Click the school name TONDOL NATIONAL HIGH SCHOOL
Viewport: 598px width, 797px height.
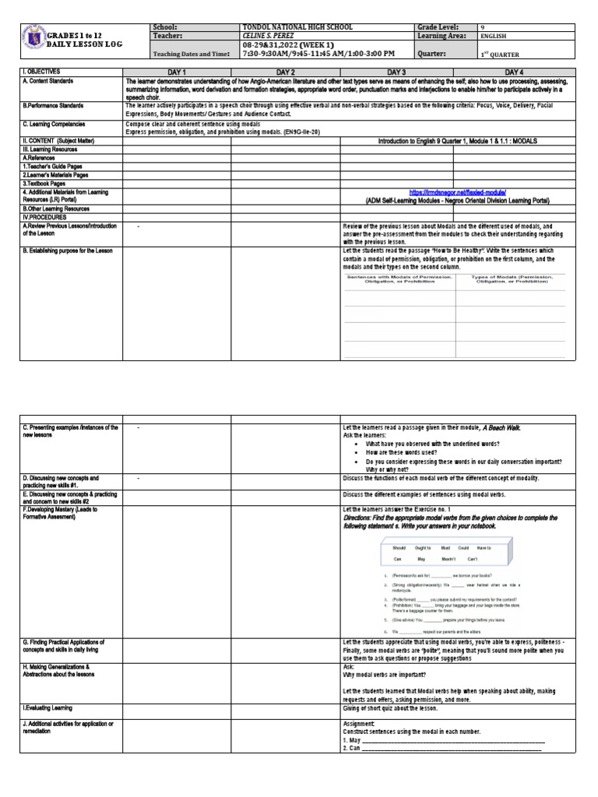[297, 26]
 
